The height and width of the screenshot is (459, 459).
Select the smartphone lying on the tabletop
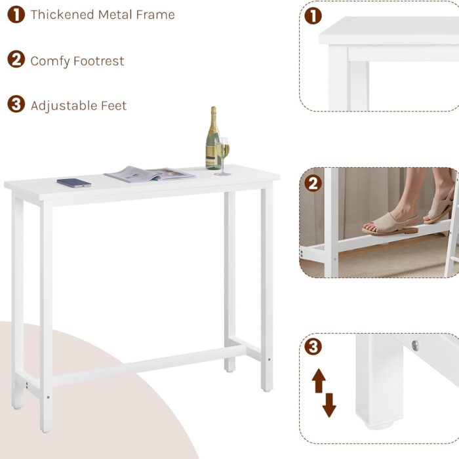(x=74, y=183)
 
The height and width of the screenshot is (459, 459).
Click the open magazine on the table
(x=150, y=174)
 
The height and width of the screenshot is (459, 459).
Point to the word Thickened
(x=62, y=14)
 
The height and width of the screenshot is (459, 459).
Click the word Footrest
(x=98, y=61)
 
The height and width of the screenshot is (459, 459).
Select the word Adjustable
(x=64, y=106)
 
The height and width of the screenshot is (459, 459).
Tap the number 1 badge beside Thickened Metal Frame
(x=16, y=14)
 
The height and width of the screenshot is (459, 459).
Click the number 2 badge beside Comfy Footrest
(x=16, y=60)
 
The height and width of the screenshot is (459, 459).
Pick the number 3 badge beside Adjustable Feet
(x=16, y=104)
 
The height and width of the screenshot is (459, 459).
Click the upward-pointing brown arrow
(x=319, y=380)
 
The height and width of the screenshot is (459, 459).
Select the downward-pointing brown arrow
(x=329, y=405)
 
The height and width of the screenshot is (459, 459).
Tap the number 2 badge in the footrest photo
(x=313, y=184)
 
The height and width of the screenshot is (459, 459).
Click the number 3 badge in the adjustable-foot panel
(x=313, y=347)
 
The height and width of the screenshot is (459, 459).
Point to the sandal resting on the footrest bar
(x=390, y=224)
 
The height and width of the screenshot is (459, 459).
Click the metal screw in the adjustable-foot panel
(x=415, y=346)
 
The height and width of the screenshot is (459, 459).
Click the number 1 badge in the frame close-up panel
(x=313, y=16)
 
